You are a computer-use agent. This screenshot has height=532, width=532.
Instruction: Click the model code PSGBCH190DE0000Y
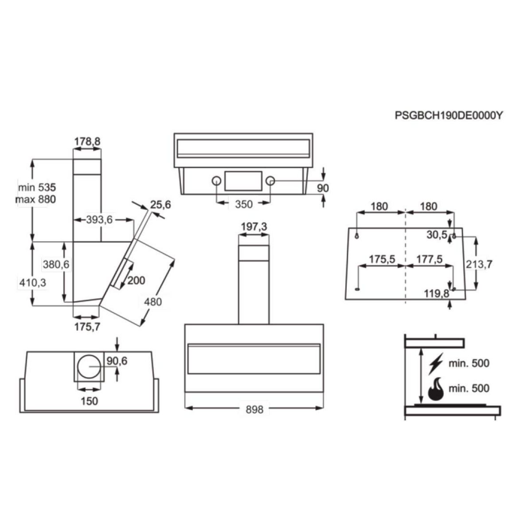coord(449,115)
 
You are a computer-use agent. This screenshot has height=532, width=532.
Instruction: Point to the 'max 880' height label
coord(36,199)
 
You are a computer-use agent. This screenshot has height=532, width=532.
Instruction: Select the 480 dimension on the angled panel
coord(153,301)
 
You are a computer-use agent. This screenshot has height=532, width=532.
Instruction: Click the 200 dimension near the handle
coord(136,280)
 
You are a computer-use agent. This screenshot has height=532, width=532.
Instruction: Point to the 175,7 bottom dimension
coord(87,327)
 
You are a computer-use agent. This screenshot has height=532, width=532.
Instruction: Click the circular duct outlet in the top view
coord(89,367)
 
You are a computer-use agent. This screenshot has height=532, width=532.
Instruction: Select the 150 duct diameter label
coord(89,401)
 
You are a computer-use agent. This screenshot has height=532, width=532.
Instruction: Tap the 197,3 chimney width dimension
coord(254,227)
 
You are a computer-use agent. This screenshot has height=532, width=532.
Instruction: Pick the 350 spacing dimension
coord(243,204)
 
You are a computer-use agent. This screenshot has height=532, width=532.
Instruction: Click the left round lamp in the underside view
coord(217,181)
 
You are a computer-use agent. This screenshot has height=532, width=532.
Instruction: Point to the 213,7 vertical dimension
coord(479,264)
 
